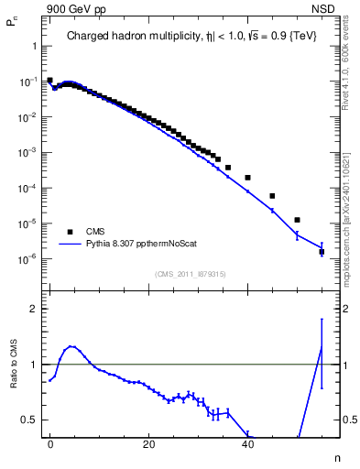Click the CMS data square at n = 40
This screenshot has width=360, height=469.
click(247, 177)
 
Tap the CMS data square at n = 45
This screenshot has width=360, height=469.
click(272, 196)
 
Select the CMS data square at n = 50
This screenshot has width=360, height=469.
click(297, 220)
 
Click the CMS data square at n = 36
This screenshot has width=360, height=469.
click(228, 168)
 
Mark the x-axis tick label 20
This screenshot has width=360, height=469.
click(148, 443)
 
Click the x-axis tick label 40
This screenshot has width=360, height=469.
click(247, 443)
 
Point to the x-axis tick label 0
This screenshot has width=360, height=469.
click(49, 443)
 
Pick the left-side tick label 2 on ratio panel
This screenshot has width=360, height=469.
click(32, 309)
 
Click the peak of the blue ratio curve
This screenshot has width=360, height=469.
click(71, 346)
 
